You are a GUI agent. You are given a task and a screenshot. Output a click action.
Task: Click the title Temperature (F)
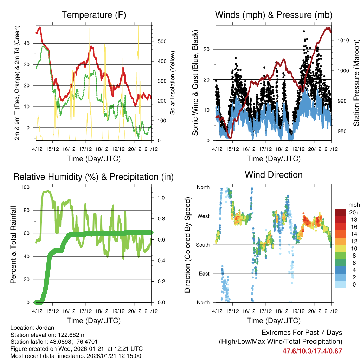coord(94,15)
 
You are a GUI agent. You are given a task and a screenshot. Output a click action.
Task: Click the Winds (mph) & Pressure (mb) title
coord(274,15)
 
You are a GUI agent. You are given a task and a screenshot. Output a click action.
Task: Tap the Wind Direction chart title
coord(274,174)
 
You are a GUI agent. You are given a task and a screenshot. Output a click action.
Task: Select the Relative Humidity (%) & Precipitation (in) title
coord(94,177)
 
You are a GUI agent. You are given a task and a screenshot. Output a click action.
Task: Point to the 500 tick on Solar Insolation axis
coord(162,41)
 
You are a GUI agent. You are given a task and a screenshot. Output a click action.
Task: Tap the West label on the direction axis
coord(203,216)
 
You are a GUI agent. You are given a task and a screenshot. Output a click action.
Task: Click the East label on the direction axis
coord(204,274)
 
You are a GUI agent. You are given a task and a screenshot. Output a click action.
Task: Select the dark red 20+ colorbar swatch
coord(340,212)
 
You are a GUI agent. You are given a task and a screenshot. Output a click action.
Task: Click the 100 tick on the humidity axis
coord(26,187)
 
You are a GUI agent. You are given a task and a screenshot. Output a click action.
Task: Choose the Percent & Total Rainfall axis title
coord(13,245)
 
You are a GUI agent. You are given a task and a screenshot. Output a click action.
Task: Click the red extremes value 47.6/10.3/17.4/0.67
coord(312,351)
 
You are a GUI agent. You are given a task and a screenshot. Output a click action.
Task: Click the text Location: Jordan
coord(32,327)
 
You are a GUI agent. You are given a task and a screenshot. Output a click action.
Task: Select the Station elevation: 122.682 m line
coord(48,335)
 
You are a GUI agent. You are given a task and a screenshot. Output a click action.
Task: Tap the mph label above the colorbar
coord(353,205)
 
